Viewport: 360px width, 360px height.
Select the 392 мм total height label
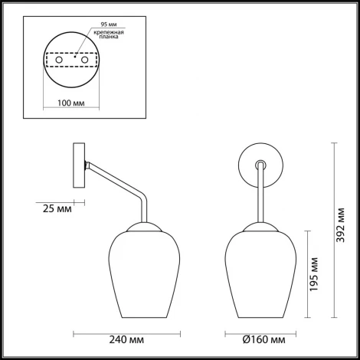click(x=342, y=230)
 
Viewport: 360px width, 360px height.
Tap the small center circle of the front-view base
click(x=261, y=163)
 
